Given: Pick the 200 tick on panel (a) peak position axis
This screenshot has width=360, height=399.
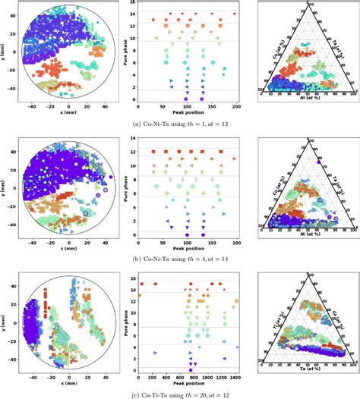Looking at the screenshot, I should (x=238, y=106).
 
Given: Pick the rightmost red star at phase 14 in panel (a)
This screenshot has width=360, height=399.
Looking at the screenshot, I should (x=233, y=14).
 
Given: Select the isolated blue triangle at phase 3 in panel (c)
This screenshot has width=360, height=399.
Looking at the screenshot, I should (x=154, y=353).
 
